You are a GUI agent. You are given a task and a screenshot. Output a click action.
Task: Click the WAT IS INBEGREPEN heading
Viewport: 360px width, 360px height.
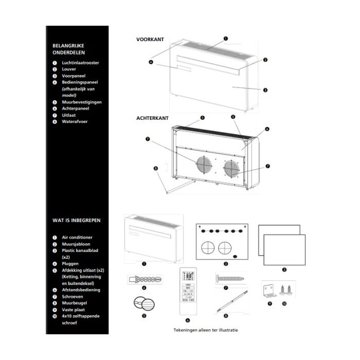[76, 220]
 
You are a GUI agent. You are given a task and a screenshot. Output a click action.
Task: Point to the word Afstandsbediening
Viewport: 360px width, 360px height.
[81, 290]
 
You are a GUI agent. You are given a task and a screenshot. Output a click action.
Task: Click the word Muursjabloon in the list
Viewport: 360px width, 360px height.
[74, 244]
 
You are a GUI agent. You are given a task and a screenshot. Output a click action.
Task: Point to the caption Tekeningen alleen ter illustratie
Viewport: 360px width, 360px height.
[206, 330]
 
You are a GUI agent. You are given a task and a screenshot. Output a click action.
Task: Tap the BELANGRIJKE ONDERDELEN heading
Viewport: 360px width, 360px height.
[69, 49]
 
